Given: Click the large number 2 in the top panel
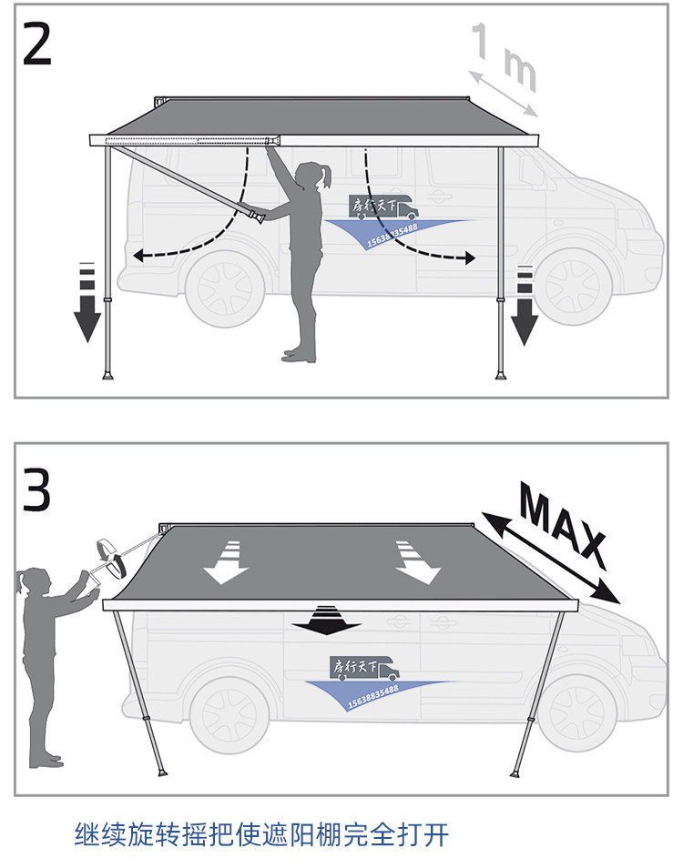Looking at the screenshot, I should tap(36, 44).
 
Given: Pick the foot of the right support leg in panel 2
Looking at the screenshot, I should tap(502, 374).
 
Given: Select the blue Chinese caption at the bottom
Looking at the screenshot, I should tap(261, 833).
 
